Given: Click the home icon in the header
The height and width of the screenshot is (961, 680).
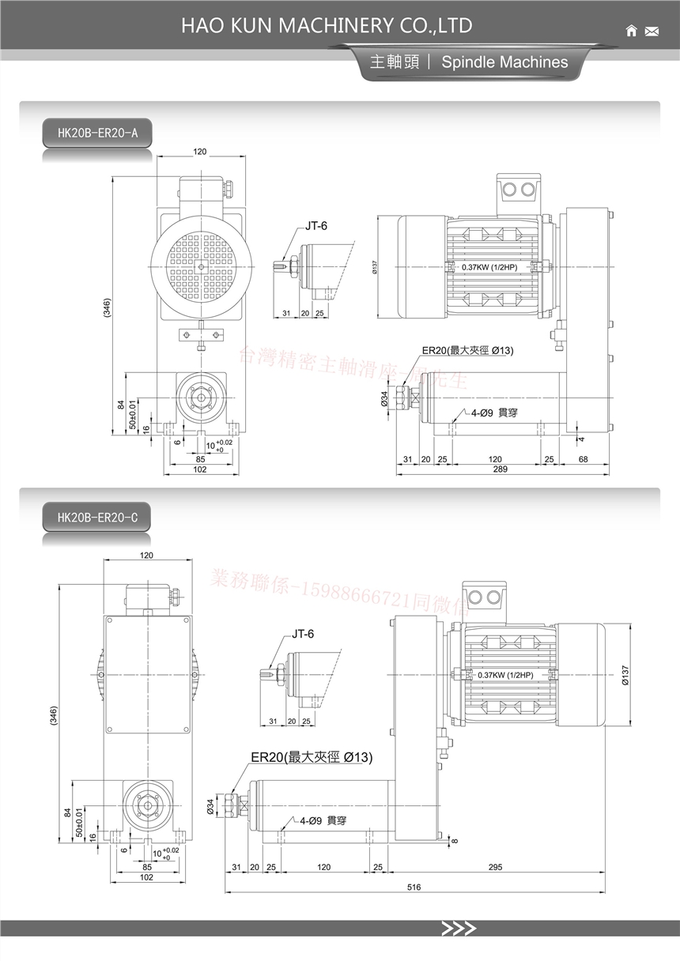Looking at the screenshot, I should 631,31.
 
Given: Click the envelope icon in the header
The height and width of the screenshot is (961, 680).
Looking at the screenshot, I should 652,32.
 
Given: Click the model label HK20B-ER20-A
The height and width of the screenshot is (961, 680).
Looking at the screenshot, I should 97,132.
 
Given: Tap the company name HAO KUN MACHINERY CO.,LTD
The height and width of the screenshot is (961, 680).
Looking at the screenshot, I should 327,25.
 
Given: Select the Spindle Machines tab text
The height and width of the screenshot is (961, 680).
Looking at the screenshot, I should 504,62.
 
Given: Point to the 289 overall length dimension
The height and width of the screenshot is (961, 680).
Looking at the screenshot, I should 500,469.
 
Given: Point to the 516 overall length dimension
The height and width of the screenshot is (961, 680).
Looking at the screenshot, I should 414,887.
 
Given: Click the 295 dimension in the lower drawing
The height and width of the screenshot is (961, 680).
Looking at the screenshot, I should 495,868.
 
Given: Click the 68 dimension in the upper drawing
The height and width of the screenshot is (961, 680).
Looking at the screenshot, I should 583,459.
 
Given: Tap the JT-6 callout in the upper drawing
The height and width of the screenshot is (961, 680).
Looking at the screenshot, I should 316,226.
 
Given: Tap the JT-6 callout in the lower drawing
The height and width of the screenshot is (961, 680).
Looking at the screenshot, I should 303,634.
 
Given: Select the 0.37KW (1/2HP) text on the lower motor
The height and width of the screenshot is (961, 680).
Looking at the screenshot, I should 505,675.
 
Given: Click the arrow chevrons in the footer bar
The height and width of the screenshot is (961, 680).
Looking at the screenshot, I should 459,929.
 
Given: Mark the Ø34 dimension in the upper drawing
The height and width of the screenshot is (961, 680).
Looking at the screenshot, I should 385,400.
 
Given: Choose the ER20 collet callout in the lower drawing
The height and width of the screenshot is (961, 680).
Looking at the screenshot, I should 312,757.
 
